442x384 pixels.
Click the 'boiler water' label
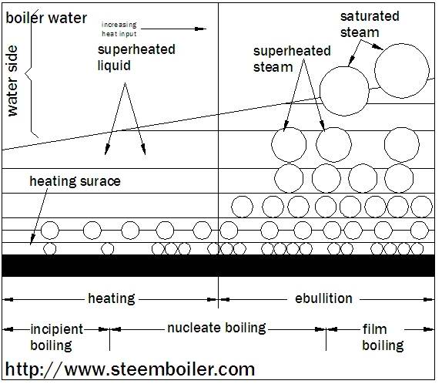point(46,18)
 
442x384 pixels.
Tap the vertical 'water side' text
point(12,81)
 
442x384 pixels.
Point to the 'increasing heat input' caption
point(119,29)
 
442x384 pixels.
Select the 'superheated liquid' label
point(136,57)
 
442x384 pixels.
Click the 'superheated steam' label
point(292,59)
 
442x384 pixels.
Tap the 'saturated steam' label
point(370,24)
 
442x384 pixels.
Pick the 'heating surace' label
point(75,181)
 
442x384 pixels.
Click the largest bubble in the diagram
point(402,71)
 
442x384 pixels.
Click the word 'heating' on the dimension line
point(112,298)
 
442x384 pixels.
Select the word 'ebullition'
point(323,298)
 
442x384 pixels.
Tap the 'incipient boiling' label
point(57,337)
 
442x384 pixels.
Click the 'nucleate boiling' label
point(216,328)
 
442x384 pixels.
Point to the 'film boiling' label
point(383,337)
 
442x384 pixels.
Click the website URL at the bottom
point(130,369)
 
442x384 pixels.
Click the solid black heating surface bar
point(219,265)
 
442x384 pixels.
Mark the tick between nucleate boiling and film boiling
point(326,339)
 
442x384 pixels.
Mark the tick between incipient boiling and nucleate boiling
point(109,339)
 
